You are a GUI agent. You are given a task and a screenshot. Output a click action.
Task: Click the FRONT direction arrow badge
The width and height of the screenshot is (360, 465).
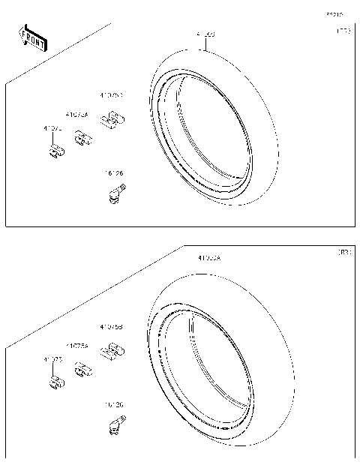[x=32, y=38]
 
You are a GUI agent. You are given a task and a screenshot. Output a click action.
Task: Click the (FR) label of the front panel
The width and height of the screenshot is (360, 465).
[x=342, y=32]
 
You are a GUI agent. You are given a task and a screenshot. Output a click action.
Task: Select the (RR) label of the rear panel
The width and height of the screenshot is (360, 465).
[x=342, y=253]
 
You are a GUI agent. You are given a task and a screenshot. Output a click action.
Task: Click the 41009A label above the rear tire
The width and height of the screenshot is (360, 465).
[x=209, y=257]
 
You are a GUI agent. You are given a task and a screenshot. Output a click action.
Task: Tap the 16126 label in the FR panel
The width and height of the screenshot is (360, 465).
[x=114, y=173]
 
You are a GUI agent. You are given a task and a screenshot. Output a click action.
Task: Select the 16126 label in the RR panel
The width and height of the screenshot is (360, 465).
[x=114, y=405]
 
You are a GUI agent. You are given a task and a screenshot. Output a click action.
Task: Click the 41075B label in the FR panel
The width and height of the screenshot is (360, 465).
[x=111, y=95]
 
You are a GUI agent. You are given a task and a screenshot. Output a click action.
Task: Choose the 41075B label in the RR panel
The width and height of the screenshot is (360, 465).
[x=111, y=327]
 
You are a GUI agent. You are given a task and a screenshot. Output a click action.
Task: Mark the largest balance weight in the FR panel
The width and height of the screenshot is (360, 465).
[x=112, y=120]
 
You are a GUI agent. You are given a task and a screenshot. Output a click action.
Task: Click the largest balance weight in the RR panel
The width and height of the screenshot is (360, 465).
[x=112, y=350]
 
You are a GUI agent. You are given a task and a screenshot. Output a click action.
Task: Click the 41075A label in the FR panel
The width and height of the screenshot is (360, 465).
[x=76, y=115]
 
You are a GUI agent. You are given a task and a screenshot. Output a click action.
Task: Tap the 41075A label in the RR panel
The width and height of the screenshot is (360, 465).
[x=76, y=346]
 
